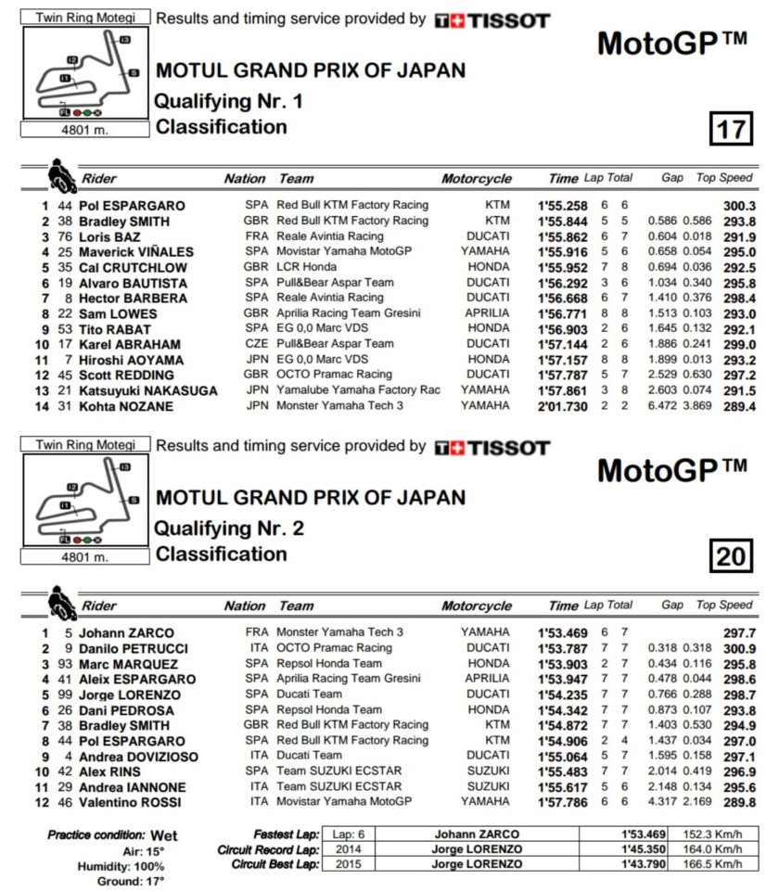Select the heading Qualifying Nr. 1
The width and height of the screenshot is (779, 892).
point(228,101)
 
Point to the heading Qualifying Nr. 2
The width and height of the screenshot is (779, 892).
point(228,529)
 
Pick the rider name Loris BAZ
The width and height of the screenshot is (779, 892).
point(109,236)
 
